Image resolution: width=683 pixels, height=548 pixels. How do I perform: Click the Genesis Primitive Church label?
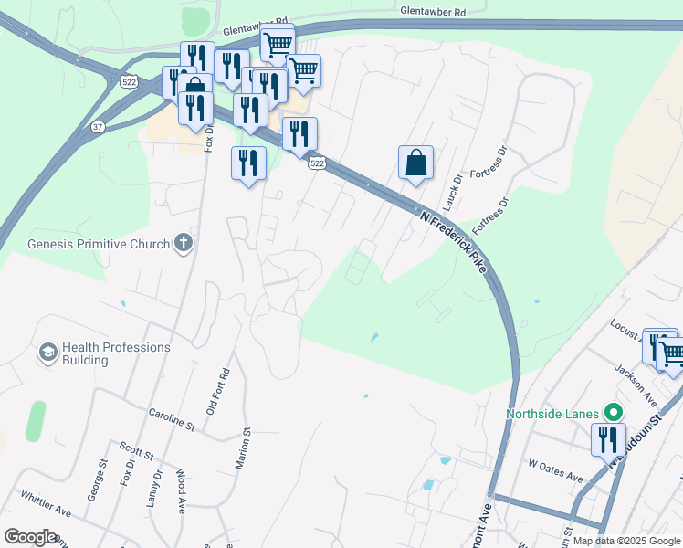click(99, 244)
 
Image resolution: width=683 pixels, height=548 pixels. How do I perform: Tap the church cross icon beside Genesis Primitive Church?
click(184, 243)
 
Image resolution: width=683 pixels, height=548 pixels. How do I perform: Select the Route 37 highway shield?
click(98, 127)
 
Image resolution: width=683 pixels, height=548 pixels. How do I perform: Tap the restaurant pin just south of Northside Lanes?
click(607, 439)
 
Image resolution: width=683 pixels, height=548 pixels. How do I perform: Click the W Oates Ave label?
click(556, 477)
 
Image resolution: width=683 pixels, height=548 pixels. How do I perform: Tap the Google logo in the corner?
click(31, 536)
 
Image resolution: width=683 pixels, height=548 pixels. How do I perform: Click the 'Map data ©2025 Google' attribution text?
click(626, 541)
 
